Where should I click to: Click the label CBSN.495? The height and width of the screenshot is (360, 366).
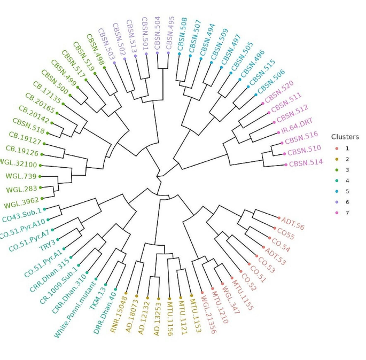click(169, 32)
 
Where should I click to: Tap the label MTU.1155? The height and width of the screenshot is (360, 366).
click(242, 294)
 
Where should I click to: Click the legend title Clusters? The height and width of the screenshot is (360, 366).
click(345, 137)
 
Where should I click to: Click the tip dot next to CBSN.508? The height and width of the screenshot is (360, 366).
click(179, 54)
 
